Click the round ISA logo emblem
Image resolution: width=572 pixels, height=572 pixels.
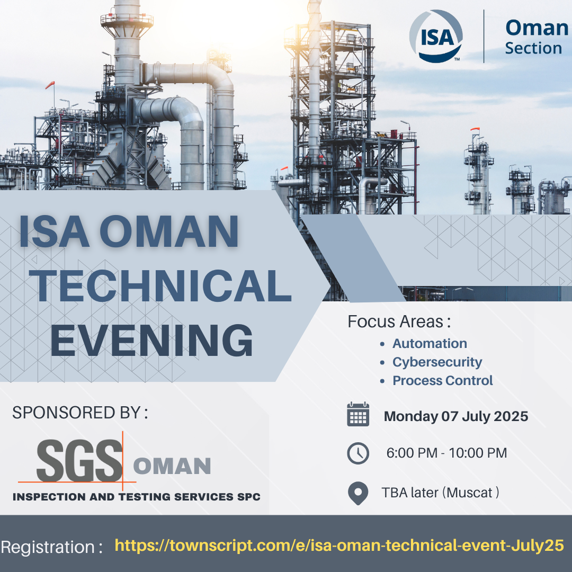click(436, 36)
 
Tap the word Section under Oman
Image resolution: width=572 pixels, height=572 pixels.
click(533, 48)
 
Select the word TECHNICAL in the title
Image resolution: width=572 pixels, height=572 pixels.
click(160, 286)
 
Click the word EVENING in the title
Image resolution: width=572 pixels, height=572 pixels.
click(151, 341)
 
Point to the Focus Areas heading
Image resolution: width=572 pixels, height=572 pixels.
click(399, 322)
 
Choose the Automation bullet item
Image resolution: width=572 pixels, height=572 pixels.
click(430, 343)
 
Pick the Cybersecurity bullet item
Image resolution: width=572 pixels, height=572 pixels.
click(437, 362)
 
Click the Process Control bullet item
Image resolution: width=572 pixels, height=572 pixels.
click(442, 380)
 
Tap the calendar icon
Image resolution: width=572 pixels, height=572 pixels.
click(358, 414)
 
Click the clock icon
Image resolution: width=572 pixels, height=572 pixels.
click(358, 453)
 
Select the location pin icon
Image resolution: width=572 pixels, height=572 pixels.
click(358, 493)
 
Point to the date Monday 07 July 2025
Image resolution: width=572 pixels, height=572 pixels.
click(456, 416)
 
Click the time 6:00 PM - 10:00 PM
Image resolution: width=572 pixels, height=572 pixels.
click(446, 453)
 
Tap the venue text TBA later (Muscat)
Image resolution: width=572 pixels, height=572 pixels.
click(440, 493)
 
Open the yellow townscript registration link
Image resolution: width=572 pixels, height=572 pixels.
click(339, 546)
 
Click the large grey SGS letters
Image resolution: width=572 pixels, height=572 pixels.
click(79, 460)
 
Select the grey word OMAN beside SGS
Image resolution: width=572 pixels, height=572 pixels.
click(172, 466)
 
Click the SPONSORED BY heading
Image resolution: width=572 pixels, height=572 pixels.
click(80, 413)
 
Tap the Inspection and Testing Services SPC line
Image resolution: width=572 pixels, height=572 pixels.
click(137, 497)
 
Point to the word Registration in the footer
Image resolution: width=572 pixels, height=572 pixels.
click(48, 547)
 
